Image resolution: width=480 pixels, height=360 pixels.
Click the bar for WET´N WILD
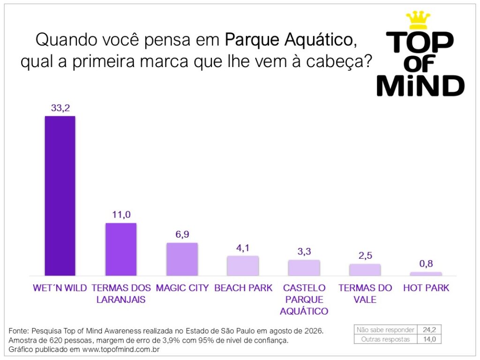[60, 196]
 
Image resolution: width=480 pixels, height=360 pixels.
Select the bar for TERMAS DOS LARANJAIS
[121, 249]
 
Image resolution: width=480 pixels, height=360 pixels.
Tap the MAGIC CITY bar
[182, 259]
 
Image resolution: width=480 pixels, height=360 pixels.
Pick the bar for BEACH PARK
[243, 266]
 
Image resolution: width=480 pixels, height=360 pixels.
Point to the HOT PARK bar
[426, 274]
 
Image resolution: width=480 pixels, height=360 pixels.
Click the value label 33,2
[60, 108]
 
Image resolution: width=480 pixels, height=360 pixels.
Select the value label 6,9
[182, 234]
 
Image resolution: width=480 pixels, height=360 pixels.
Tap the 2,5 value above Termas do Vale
[365, 255]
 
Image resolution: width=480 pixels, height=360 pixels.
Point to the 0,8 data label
[426, 263]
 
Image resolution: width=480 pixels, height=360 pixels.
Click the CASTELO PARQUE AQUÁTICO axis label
[304, 300]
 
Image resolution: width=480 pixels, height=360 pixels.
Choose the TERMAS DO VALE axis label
[365, 293]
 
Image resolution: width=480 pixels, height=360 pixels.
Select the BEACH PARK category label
[243, 288]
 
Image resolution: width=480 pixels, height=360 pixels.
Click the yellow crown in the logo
[418, 20]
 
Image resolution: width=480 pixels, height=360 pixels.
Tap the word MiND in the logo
[420, 86]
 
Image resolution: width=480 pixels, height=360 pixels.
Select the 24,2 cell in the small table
[429, 330]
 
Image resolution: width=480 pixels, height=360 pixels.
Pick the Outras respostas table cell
[385, 339]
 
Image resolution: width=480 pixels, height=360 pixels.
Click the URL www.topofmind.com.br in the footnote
[121, 350]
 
